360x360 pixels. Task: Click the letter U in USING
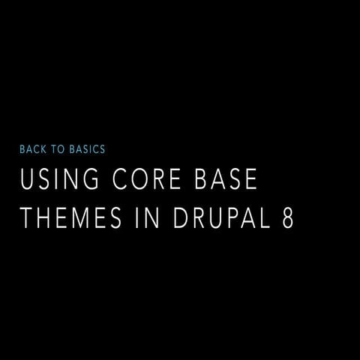pos(27,181)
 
